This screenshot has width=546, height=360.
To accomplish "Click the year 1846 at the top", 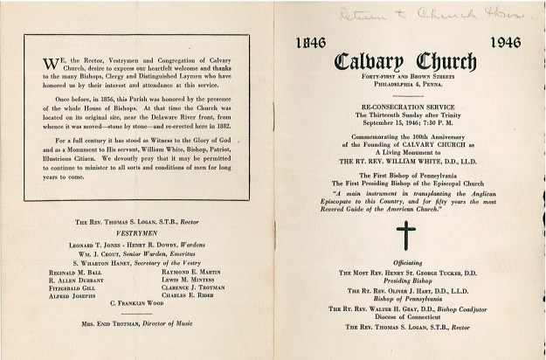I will [x=310, y=41].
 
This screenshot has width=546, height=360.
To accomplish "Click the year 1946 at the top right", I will [x=505, y=41].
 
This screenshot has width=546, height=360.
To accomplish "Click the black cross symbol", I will [x=406, y=234].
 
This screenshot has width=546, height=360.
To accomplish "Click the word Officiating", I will [x=406, y=262].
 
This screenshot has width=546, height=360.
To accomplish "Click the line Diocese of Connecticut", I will [x=406, y=316].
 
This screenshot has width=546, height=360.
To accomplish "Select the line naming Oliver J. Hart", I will [x=406, y=291].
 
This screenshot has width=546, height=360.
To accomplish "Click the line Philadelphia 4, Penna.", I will [x=406, y=87].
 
